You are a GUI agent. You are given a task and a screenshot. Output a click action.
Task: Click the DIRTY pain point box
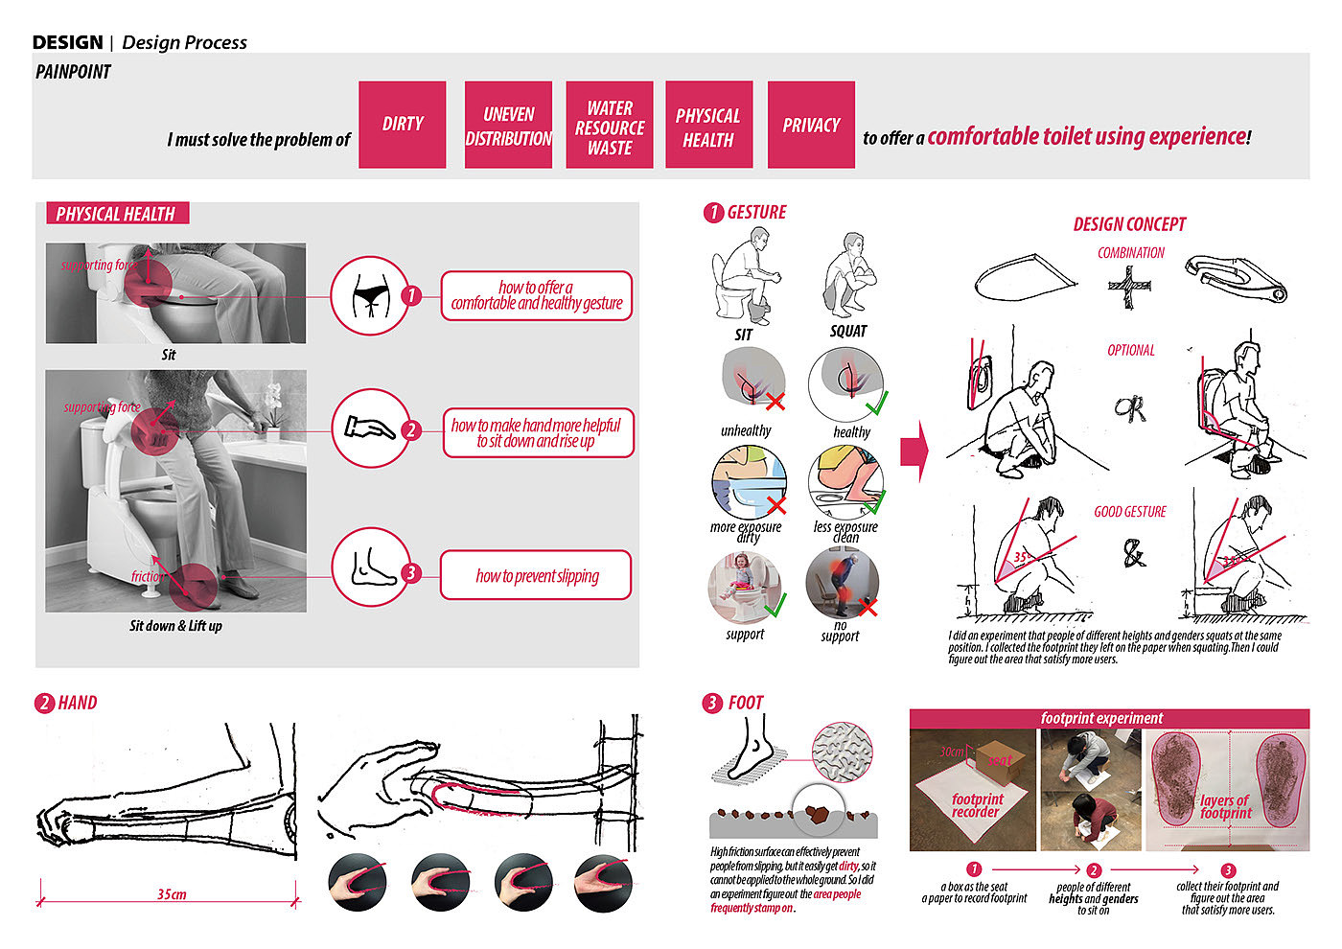coord(402,125)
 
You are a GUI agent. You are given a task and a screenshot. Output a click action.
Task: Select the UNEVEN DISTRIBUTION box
coord(508,125)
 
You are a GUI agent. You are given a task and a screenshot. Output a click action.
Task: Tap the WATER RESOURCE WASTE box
coord(610,125)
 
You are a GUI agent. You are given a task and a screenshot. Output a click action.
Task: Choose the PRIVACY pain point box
coord(811,125)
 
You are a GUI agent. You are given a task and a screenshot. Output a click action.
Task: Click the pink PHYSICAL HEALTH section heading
coord(117,214)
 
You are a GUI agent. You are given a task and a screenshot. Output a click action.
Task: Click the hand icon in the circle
coord(370,428)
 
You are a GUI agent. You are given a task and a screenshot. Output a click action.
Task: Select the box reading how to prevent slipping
coord(536,575)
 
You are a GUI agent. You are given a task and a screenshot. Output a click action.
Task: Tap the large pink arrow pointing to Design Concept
coord(914,450)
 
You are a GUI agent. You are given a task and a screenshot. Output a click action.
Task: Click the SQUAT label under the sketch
coord(847,331)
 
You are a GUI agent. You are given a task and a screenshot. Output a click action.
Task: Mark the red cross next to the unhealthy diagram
coord(775,402)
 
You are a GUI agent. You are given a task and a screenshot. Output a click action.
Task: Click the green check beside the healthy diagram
coord(875,401)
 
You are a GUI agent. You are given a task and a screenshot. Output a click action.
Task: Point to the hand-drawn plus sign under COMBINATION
coord(1129,287)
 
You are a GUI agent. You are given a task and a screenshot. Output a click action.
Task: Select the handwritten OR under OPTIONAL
coord(1129,408)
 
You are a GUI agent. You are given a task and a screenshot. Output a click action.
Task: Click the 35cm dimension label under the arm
coord(172,894)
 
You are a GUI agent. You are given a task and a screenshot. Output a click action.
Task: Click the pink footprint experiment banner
coord(1109,718)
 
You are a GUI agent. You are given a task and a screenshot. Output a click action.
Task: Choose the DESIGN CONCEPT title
coord(1129,224)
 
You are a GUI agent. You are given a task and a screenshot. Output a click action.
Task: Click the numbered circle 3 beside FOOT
coord(711,703)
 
